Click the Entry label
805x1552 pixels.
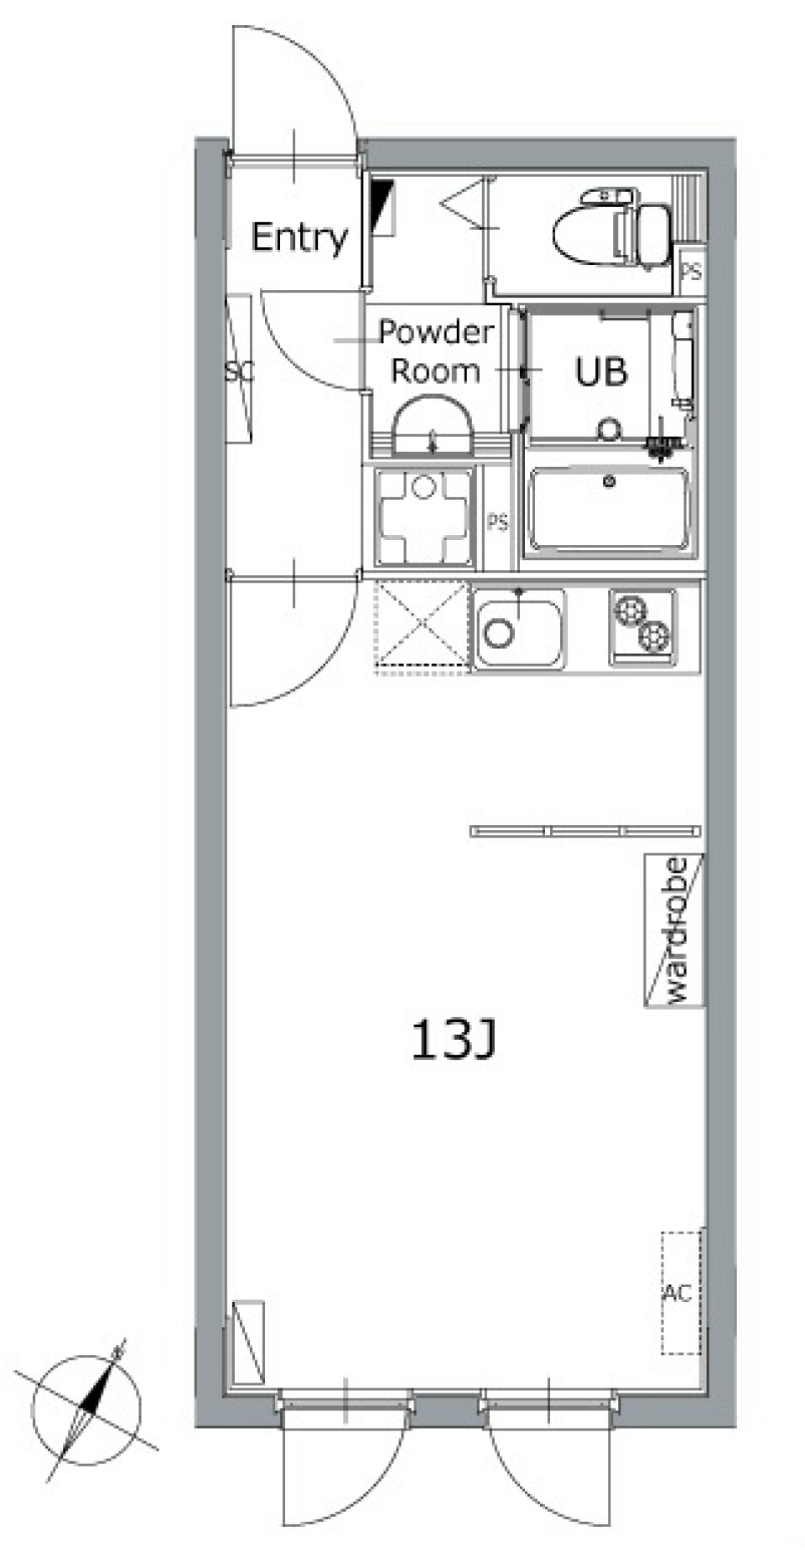coord(299,238)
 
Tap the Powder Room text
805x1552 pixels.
coord(435,352)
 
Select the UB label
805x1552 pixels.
coord(601,371)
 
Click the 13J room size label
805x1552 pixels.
coord(454,1041)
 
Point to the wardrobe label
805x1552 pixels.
coord(675,930)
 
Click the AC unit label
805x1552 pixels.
coord(678,1293)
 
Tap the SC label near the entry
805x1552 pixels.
coord(239,371)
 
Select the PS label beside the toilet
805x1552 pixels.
coord(691,273)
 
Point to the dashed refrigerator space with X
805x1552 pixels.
coord(421,626)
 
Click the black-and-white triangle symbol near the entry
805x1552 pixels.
coord(382,205)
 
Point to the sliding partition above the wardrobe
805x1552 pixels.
coord(585,831)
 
